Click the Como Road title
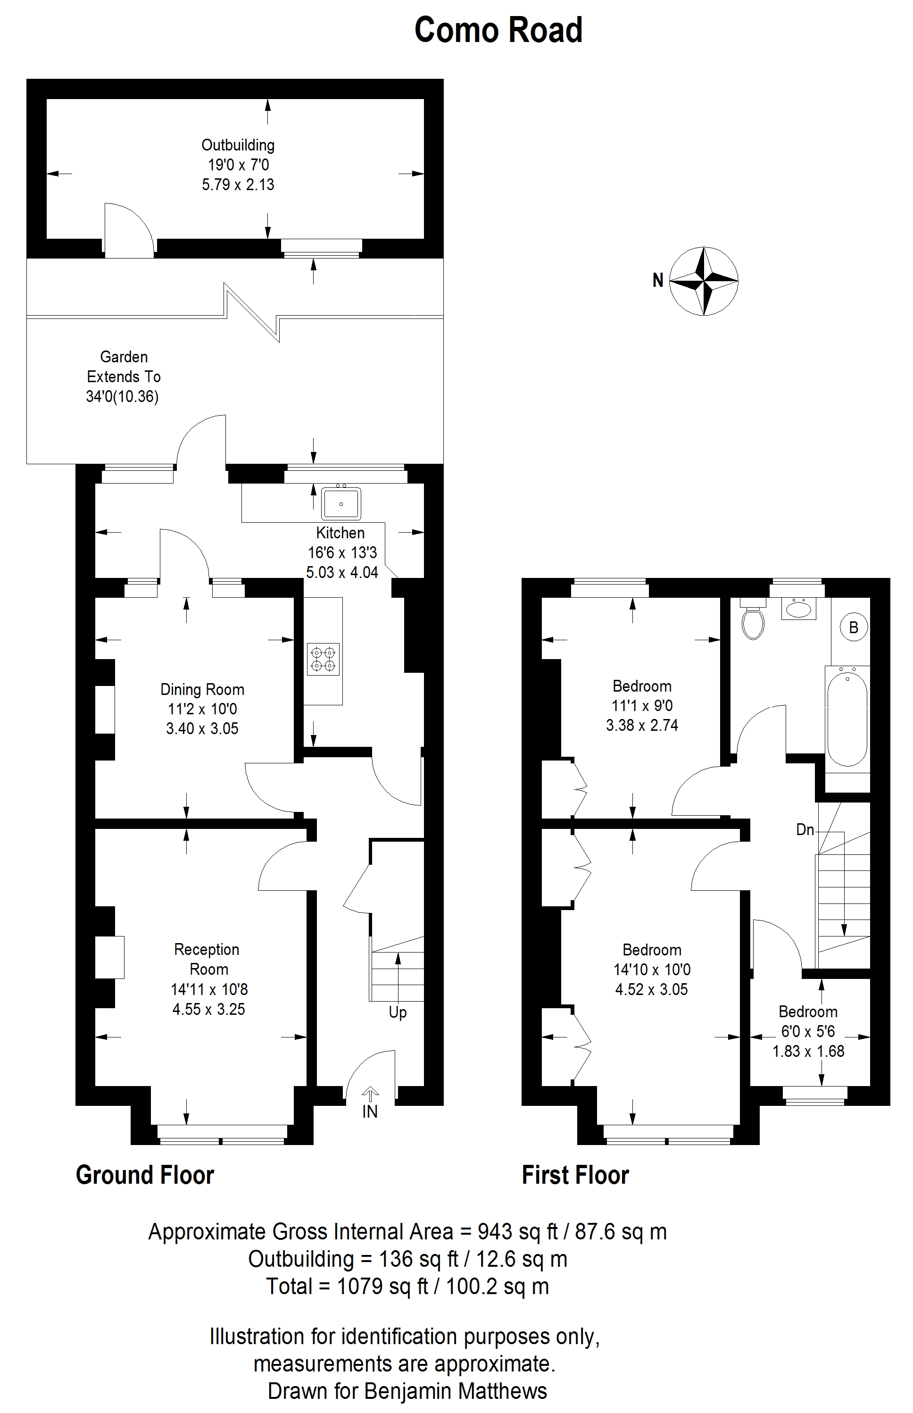coord(498,30)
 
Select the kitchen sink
coord(341,503)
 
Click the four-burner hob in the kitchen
coord(324,659)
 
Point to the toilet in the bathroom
coord(754,621)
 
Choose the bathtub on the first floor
coord(847,718)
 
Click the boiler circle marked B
coord(854,627)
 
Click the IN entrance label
coord(370,1112)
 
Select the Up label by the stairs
coord(398,1012)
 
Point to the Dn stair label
coord(805,830)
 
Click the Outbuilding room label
coord(238,145)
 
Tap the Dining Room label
coord(202,690)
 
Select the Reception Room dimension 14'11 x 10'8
coord(209,989)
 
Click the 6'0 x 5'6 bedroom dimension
coord(807,1032)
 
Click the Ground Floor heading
coord(145,1175)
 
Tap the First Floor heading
coord(575,1175)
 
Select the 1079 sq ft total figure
coord(382,1286)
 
